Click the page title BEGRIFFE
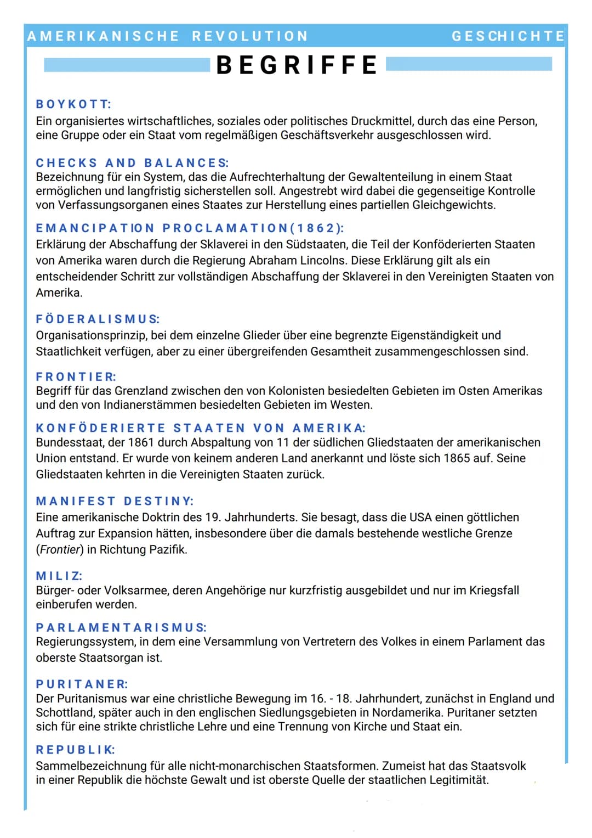tap(297, 65)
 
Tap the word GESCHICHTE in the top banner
tap(508, 36)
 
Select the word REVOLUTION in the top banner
tap(250, 36)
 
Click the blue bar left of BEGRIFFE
tap(126, 65)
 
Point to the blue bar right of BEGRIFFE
tap(469, 64)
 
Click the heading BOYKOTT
tap(73, 104)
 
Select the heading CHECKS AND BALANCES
tap(132, 163)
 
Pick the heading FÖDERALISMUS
tap(98, 319)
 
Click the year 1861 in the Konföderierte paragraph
tap(141, 442)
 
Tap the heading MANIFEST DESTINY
tap(115, 501)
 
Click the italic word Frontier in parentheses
tap(60, 549)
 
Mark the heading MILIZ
tap(59, 576)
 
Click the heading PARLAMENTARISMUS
tap(121, 627)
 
